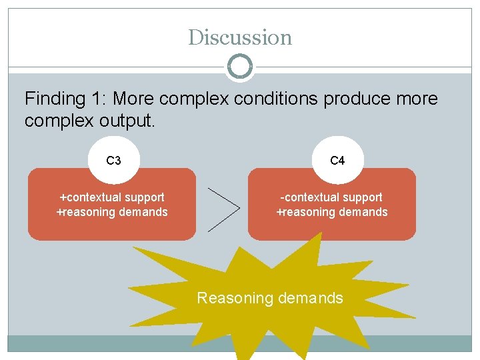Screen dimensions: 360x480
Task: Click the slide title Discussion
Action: [240, 37]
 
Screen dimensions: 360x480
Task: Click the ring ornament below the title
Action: [240, 67]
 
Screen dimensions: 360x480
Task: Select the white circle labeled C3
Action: [113, 161]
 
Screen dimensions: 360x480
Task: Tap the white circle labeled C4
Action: [337, 161]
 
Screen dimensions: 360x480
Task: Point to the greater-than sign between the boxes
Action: [224, 209]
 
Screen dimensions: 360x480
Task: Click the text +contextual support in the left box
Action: [112, 197]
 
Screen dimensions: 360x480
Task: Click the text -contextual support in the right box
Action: [332, 197]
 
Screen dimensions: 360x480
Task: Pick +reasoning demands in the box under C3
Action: [112, 212]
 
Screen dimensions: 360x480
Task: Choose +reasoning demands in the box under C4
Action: [332, 212]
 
